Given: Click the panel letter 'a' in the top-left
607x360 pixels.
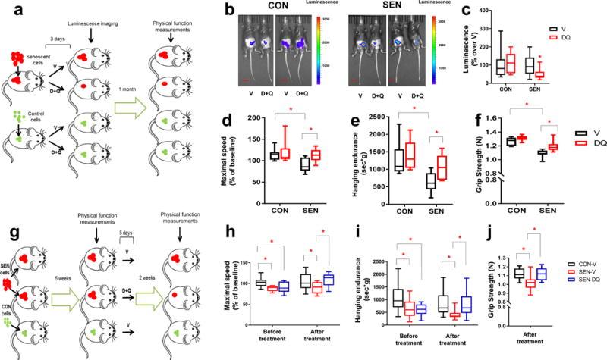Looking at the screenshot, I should point(8,10).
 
